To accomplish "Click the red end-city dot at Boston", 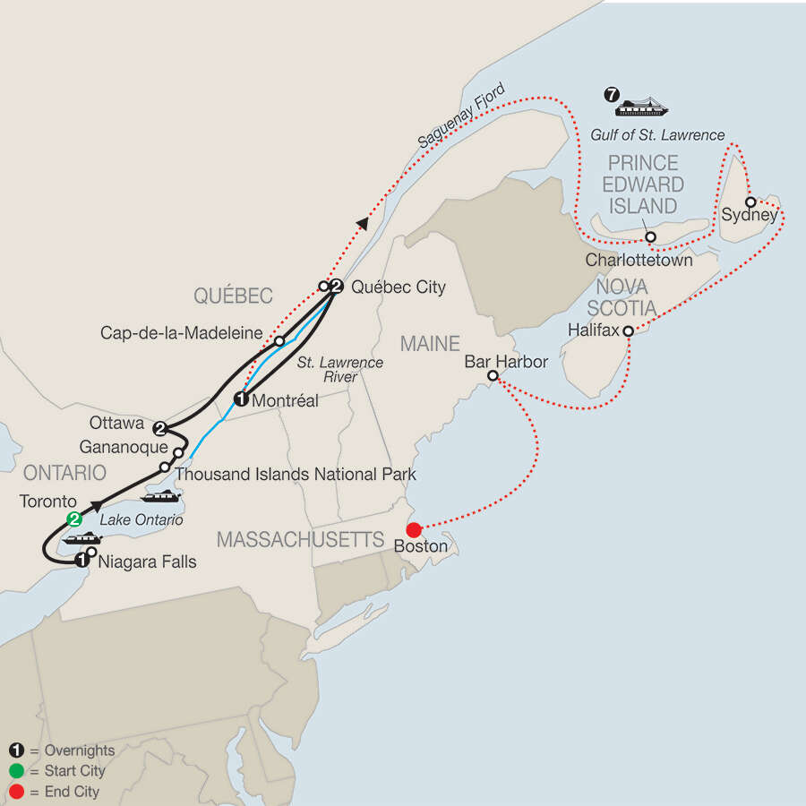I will pyautogui.click(x=414, y=530).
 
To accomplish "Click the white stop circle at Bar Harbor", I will pyautogui.click(x=493, y=377).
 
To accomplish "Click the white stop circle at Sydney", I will pyautogui.click(x=750, y=201).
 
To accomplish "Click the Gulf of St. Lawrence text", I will pyautogui.click(x=657, y=135).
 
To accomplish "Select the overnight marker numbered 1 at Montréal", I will pyautogui.click(x=241, y=399).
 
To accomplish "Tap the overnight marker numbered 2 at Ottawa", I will pyautogui.click(x=160, y=427).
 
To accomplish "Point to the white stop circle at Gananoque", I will pyautogui.click(x=178, y=453).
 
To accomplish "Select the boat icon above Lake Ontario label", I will pyautogui.click(x=162, y=495).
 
